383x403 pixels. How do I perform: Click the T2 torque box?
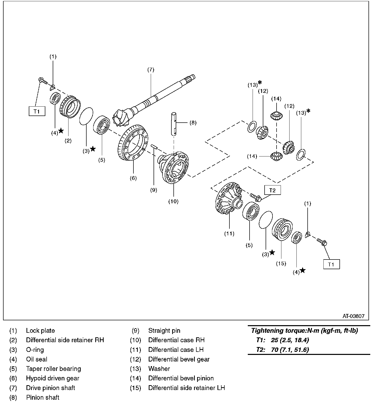[272, 190]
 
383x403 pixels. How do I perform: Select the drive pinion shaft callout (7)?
[151, 70]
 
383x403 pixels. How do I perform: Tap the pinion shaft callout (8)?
[193, 123]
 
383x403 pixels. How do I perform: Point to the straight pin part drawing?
[154, 147]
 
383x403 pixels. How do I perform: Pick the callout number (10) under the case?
[173, 201]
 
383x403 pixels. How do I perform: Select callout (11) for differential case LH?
[229, 234]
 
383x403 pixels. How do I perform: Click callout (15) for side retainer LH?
[281, 264]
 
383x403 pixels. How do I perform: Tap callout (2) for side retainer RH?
[68, 141]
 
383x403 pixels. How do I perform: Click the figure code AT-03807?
[353, 316]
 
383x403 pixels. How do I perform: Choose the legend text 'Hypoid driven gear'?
[53, 378]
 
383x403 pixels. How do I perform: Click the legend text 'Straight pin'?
[164, 331]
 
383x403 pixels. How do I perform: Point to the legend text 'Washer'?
[159, 369]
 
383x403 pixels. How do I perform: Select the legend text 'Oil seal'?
[37, 359]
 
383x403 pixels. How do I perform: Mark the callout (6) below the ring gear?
[133, 178]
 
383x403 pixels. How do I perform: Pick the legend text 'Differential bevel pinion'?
[181, 378]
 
